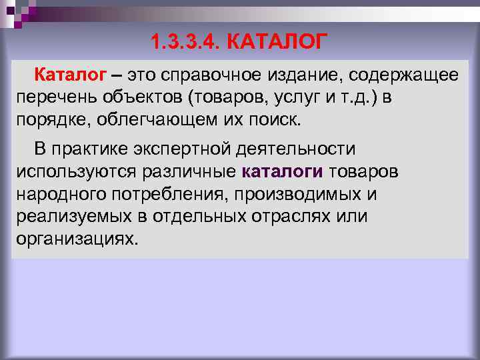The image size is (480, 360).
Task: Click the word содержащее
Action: point(403,75)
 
